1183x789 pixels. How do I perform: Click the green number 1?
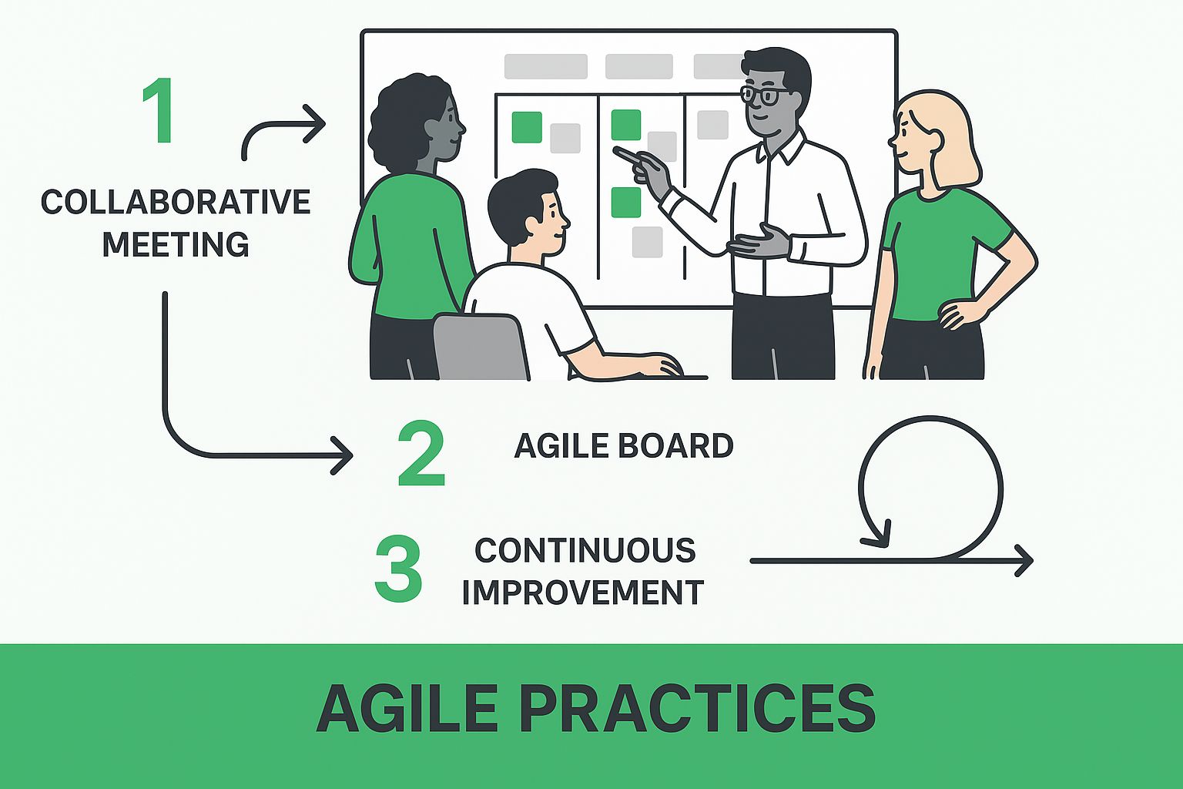pos(159,110)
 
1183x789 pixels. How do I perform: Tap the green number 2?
pos(421,453)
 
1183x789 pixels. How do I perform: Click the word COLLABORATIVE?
pos(176,202)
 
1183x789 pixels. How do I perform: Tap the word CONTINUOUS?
pos(585,550)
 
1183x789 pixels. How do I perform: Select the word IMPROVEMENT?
pos(583,592)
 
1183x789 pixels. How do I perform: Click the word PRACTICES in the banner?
pos(697,708)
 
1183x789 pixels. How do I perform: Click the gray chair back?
pos(481,347)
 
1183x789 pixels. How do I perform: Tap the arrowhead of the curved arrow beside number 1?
pos(315,123)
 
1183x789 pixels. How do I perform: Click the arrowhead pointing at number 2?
pos(342,455)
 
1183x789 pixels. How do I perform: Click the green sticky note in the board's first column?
pos(527,127)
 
